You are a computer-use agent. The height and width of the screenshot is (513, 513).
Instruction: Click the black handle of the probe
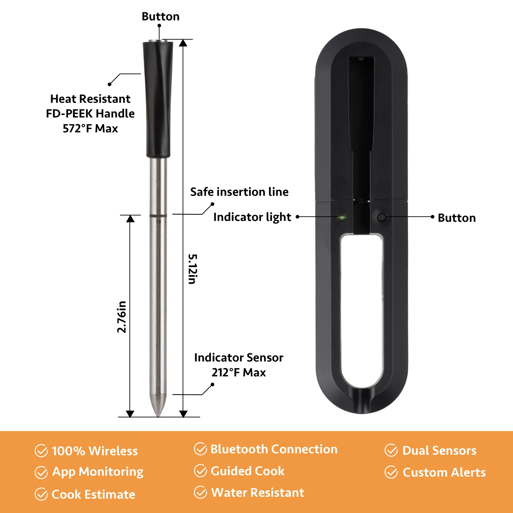point(158,99)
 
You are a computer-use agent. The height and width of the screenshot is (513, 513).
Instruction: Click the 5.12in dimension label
point(193,269)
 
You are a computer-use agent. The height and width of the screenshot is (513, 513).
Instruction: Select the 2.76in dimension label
point(122,317)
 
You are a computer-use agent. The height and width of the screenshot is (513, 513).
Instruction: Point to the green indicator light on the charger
point(342,217)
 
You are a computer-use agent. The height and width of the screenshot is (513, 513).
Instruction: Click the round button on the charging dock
point(381,217)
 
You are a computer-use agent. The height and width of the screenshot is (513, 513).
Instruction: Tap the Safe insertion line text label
point(239,192)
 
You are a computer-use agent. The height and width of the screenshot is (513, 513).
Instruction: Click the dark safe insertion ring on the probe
point(158,215)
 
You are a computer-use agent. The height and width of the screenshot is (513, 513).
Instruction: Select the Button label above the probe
point(160,17)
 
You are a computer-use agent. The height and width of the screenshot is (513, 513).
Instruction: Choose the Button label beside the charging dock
point(457,218)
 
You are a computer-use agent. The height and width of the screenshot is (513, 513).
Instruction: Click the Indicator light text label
point(252,217)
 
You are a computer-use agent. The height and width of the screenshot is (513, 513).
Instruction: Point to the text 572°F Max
point(90,129)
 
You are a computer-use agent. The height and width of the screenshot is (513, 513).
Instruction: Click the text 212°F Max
point(239,372)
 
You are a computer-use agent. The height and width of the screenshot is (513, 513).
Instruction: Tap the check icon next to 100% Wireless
point(41,451)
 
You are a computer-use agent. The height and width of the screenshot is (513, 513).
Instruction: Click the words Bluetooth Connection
point(274,449)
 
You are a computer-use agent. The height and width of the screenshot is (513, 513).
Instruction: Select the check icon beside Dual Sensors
point(391,450)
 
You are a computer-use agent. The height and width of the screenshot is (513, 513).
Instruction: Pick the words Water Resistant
point(258,492)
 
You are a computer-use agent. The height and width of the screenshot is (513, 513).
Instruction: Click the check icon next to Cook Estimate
point(41,494)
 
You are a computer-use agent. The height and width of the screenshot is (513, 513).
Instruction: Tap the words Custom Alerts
point(444,472)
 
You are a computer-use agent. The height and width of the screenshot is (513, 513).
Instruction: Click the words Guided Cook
point(247,471)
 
